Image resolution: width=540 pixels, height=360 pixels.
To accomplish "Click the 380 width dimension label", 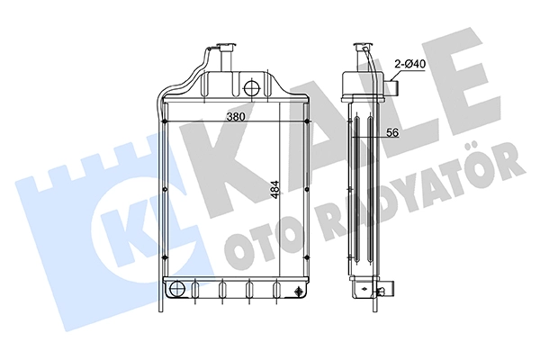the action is click(x=236, y=117).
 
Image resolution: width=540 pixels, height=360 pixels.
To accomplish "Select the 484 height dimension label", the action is click(x=275, y=190).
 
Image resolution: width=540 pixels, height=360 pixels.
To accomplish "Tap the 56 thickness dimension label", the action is click(x=392, y=132).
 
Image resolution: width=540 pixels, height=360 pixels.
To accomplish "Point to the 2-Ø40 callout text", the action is click(x=410, y=64).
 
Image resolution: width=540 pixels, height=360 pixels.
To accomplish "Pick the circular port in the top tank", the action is click(x=251, y=87).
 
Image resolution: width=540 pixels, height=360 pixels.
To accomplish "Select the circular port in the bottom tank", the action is click(x=177, y=289).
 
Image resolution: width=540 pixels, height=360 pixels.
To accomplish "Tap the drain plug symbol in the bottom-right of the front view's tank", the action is click(x=298, y=292).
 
